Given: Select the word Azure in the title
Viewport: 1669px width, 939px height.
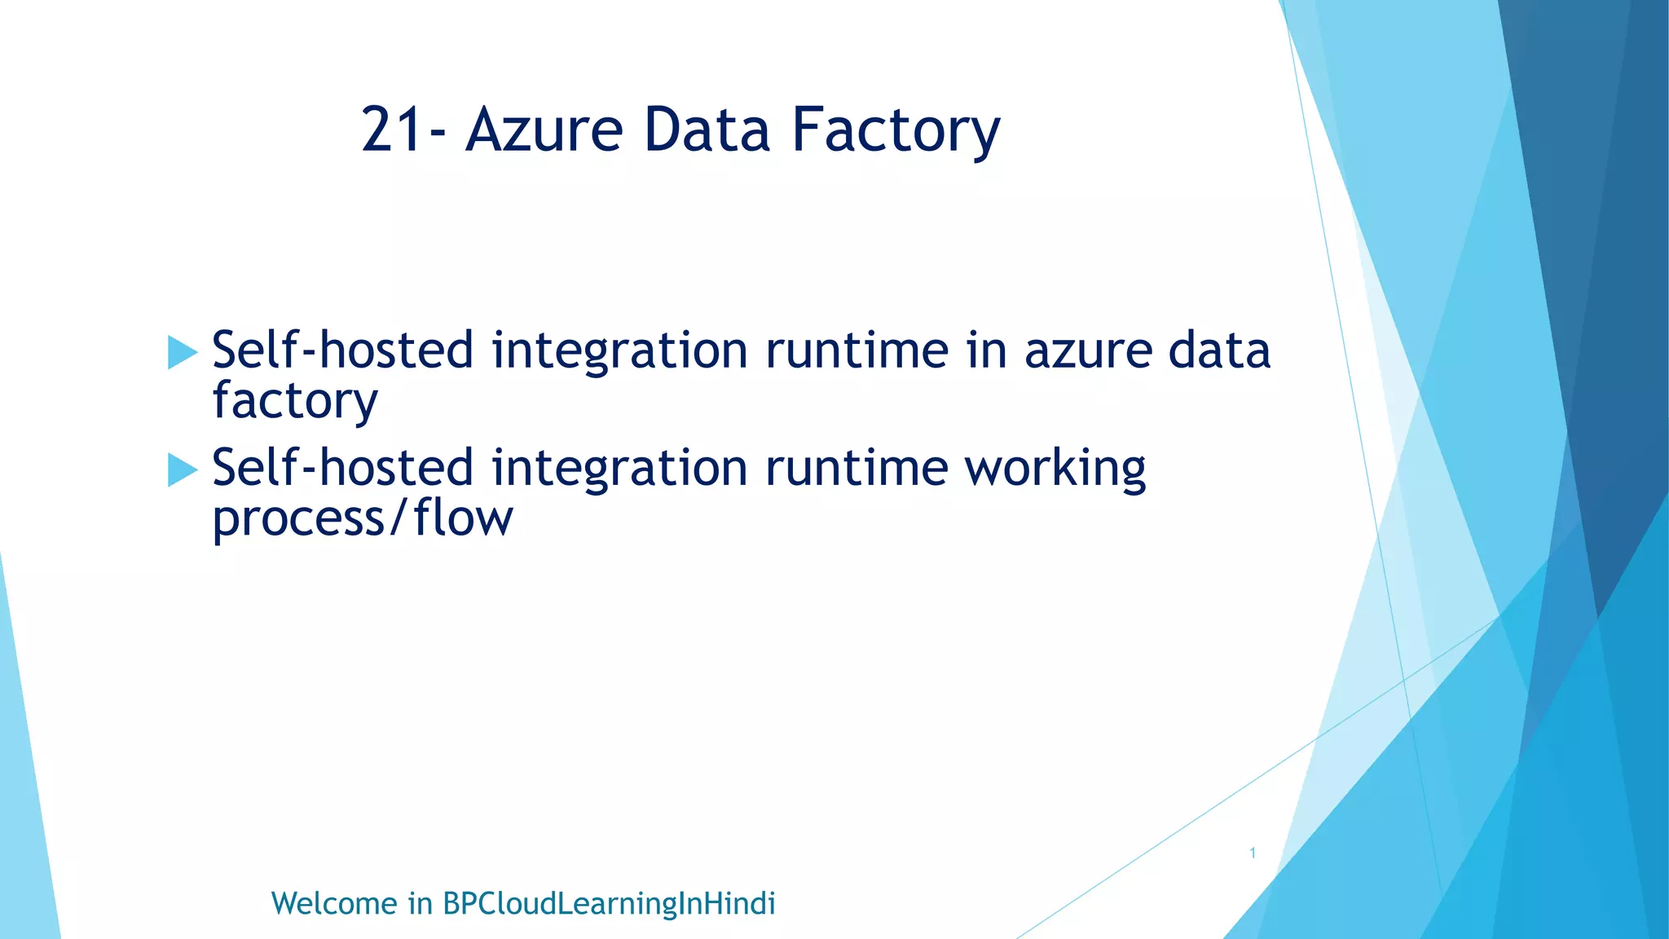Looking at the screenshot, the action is [544, 130].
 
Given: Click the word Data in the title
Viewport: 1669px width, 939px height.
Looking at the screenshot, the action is [707, 130].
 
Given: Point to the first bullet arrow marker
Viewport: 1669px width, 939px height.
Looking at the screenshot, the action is [182, 353].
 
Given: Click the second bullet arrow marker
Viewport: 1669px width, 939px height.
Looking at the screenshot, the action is [182, 470].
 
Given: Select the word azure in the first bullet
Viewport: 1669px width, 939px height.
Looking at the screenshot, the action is [1088, 351].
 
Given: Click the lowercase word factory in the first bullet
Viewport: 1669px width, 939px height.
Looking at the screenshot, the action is [295, 402].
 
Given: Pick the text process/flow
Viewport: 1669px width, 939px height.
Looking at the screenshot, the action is [363, 519].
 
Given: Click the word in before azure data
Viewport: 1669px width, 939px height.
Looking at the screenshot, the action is [987, 350].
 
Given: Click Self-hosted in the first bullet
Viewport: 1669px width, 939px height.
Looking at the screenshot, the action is [342, 350].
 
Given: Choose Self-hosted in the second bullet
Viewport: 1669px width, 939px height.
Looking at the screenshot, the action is [342, 468].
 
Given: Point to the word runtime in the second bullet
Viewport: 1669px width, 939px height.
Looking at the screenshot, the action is [857, 468].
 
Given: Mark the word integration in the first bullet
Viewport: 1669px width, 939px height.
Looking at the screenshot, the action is [619, 352].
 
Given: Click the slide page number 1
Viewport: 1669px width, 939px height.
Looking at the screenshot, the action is [1253, 853].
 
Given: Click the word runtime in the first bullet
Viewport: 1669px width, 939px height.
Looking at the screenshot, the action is [857, 350].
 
